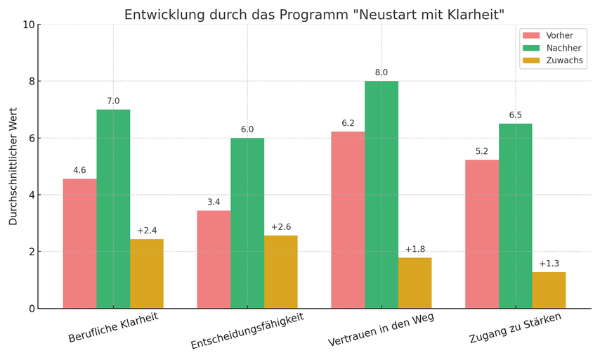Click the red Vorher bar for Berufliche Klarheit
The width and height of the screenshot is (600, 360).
79,243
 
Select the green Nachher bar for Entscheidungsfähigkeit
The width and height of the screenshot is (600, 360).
247,223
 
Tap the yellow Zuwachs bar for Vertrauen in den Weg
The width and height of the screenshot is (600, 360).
415,283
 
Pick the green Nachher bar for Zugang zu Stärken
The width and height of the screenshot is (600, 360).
515,216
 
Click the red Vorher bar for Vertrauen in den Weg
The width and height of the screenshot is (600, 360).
348,220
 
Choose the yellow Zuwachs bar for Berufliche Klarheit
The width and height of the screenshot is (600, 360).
147,274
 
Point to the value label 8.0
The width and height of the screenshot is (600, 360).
381,72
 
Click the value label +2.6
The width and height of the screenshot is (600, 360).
281,227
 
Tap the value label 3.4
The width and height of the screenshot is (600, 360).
214,202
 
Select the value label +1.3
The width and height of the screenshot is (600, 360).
549,264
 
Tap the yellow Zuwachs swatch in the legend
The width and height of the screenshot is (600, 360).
531,60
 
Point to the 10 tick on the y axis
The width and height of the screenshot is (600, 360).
29,25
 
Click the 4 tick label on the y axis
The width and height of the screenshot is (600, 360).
31,195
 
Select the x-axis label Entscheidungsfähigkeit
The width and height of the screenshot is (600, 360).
247,331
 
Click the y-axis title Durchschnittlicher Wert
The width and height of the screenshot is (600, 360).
13,167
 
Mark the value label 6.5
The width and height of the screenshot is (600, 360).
515,115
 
